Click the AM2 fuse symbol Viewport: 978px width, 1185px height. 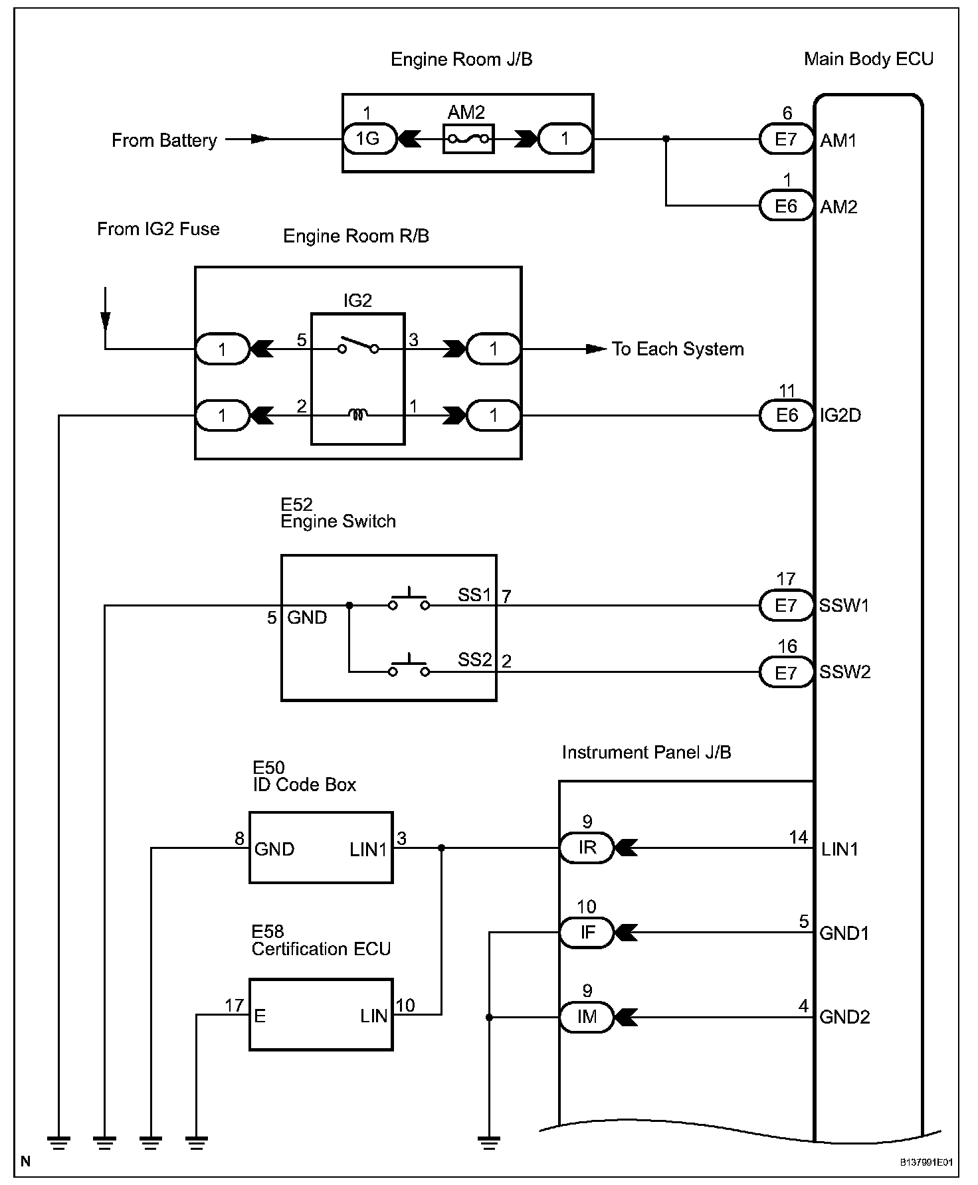click(468, 139)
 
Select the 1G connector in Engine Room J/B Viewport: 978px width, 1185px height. click(369, 139)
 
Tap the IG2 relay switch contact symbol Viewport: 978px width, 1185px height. click(357, 345)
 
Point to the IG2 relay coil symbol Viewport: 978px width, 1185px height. click(357, 415)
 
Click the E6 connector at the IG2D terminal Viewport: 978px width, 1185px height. click(787, 415)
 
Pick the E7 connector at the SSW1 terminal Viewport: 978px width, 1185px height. click(787, 605)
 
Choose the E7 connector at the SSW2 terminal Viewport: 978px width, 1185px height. click(787, 672)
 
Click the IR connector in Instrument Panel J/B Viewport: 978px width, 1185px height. click(587, 848)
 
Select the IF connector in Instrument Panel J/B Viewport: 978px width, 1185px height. click(587, 933)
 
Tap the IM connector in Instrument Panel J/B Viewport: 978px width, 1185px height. click(587, 1017)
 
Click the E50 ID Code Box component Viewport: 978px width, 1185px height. click(321, 848)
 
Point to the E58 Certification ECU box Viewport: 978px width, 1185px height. click(321, 1014)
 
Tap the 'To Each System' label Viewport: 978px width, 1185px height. click(678, 349)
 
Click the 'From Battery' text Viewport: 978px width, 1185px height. click(164, 141)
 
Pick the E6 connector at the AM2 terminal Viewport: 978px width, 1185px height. click(787, 206)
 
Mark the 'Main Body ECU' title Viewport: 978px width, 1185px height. click(868, 59)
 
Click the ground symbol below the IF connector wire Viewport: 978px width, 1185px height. click(489, 1142)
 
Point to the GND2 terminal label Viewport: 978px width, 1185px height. click(844, 1017)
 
